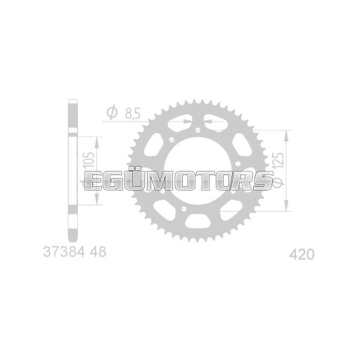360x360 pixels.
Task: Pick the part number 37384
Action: click(x=59, y=251)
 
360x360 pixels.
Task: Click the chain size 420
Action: click(x=301, y=253)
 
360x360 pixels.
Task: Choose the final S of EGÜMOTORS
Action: click(x=261, y=181)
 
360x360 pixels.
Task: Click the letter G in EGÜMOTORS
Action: click(x=117, y=181)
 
